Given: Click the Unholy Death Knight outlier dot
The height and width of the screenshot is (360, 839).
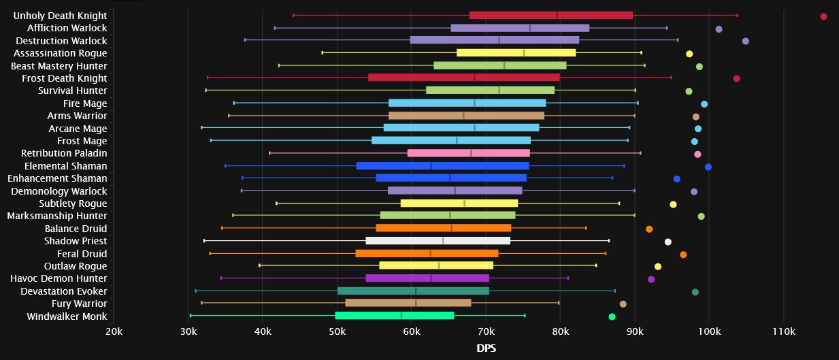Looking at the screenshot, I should click(823, 16).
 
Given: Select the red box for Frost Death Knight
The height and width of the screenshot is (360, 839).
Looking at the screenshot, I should click(463, 78).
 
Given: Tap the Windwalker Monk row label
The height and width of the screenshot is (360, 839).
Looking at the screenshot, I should click(67, 316).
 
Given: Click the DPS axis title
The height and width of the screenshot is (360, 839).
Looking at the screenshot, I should click(485, 348).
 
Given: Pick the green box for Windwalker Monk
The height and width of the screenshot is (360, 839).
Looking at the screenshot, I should click(394, 316).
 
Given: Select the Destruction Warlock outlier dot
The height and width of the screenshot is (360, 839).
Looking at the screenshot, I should click(745, 41).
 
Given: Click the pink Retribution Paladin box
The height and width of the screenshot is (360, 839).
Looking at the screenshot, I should click(468, 153).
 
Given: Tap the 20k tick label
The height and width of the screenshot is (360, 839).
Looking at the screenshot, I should click(114, 331).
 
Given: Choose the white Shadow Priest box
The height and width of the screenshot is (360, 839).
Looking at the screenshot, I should click(438, 241).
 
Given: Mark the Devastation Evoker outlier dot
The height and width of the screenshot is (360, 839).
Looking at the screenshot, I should click(695, 292).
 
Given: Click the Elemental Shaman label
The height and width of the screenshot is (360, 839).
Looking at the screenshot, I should click(65, 166).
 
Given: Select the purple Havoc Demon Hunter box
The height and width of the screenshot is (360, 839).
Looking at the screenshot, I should click(427, 278).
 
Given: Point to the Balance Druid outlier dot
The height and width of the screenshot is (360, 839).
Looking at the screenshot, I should click(648, 229).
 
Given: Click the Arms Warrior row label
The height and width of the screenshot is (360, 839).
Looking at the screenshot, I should click(77, 116).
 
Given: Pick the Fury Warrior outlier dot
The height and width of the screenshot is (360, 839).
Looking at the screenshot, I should click(623, 304).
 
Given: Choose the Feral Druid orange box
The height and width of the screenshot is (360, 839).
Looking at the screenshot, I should click(427, 253).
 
